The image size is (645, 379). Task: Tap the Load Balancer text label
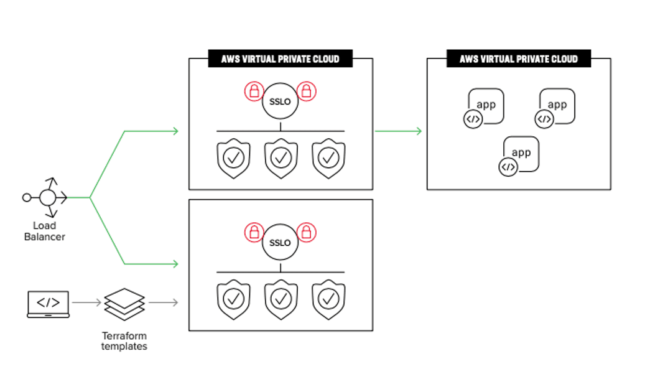tap(44, 231)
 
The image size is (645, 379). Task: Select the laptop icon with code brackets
tap(49, 304)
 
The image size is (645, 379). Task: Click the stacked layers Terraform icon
tap(124, 303)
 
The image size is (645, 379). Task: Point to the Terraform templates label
tap(124, 340)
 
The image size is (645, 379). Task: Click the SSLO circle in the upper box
tap(281, 101)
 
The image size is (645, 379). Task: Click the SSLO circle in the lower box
tap(281, 243)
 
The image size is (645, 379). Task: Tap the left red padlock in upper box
tap(254, 91)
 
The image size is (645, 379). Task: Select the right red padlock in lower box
tap(307, 233)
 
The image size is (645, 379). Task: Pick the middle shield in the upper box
tap(281, 159)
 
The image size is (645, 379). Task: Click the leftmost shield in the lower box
tap(233, 301)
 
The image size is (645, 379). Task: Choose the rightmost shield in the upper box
tap(328, 159)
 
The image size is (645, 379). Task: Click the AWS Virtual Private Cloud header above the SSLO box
tap(281, 59)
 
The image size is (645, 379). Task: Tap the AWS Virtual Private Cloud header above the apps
tap(519, 59)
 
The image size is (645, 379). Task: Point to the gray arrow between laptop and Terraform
tap(86, 303)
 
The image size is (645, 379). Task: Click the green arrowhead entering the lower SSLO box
tap(175, 264)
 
